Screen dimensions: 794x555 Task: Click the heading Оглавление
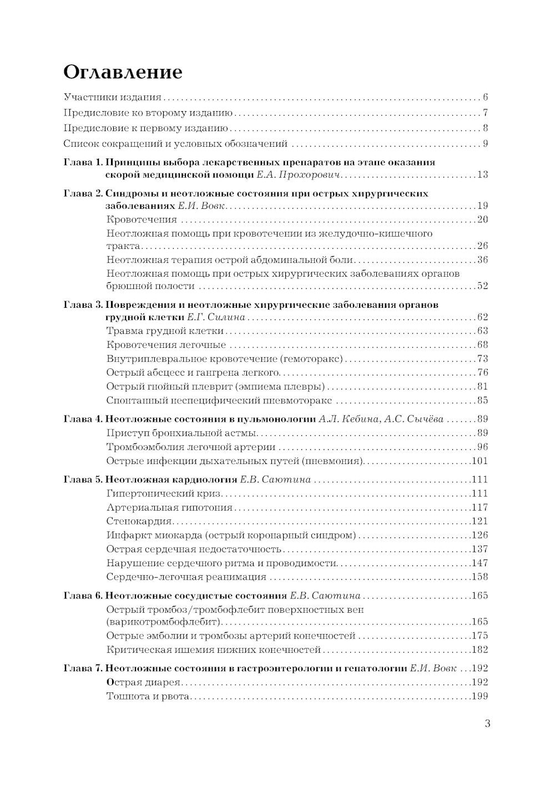(123, 72)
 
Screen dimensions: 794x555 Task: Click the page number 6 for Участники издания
(485, 97)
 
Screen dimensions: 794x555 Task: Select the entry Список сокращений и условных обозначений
(175, 144)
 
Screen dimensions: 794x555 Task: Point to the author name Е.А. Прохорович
(298, 175)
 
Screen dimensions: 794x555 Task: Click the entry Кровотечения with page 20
(142, 219)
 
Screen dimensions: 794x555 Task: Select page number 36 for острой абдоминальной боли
(482, 259)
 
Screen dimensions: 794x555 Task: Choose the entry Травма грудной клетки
(165, 331)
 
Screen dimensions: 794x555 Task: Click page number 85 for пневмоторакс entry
(482, 400)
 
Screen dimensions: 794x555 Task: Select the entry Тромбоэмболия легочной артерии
(191, 447)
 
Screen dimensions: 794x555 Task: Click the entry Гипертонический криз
(164, 493)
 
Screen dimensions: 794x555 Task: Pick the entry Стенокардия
(139, 521)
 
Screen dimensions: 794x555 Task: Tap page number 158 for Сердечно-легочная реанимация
(479, 577)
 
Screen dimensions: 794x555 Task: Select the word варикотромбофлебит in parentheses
(164, 622)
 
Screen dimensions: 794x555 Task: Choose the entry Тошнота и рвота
(148, 696)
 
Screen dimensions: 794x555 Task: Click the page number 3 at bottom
(487, 723)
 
